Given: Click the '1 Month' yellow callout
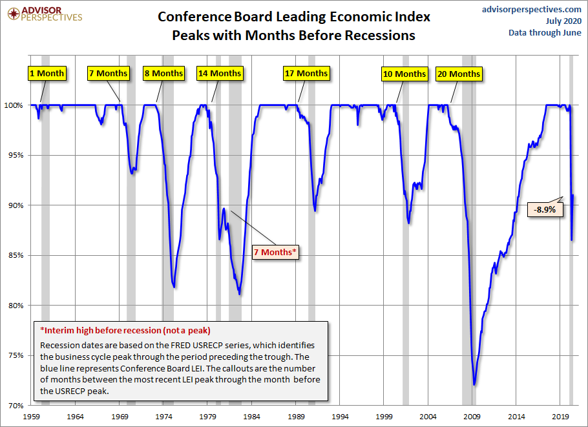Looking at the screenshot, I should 47,73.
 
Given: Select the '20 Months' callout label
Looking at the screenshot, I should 458,74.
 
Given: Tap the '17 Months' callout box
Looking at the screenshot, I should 306,73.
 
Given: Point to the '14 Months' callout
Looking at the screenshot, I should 220,73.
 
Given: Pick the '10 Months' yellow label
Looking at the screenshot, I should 404,74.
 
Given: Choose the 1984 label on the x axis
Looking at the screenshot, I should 253,417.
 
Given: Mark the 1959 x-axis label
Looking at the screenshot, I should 32,417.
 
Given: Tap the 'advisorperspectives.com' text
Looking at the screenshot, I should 532,9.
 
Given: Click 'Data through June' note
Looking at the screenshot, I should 545,32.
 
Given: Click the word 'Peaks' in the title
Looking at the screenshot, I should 193,36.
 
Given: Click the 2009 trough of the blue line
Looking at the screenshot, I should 474,384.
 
